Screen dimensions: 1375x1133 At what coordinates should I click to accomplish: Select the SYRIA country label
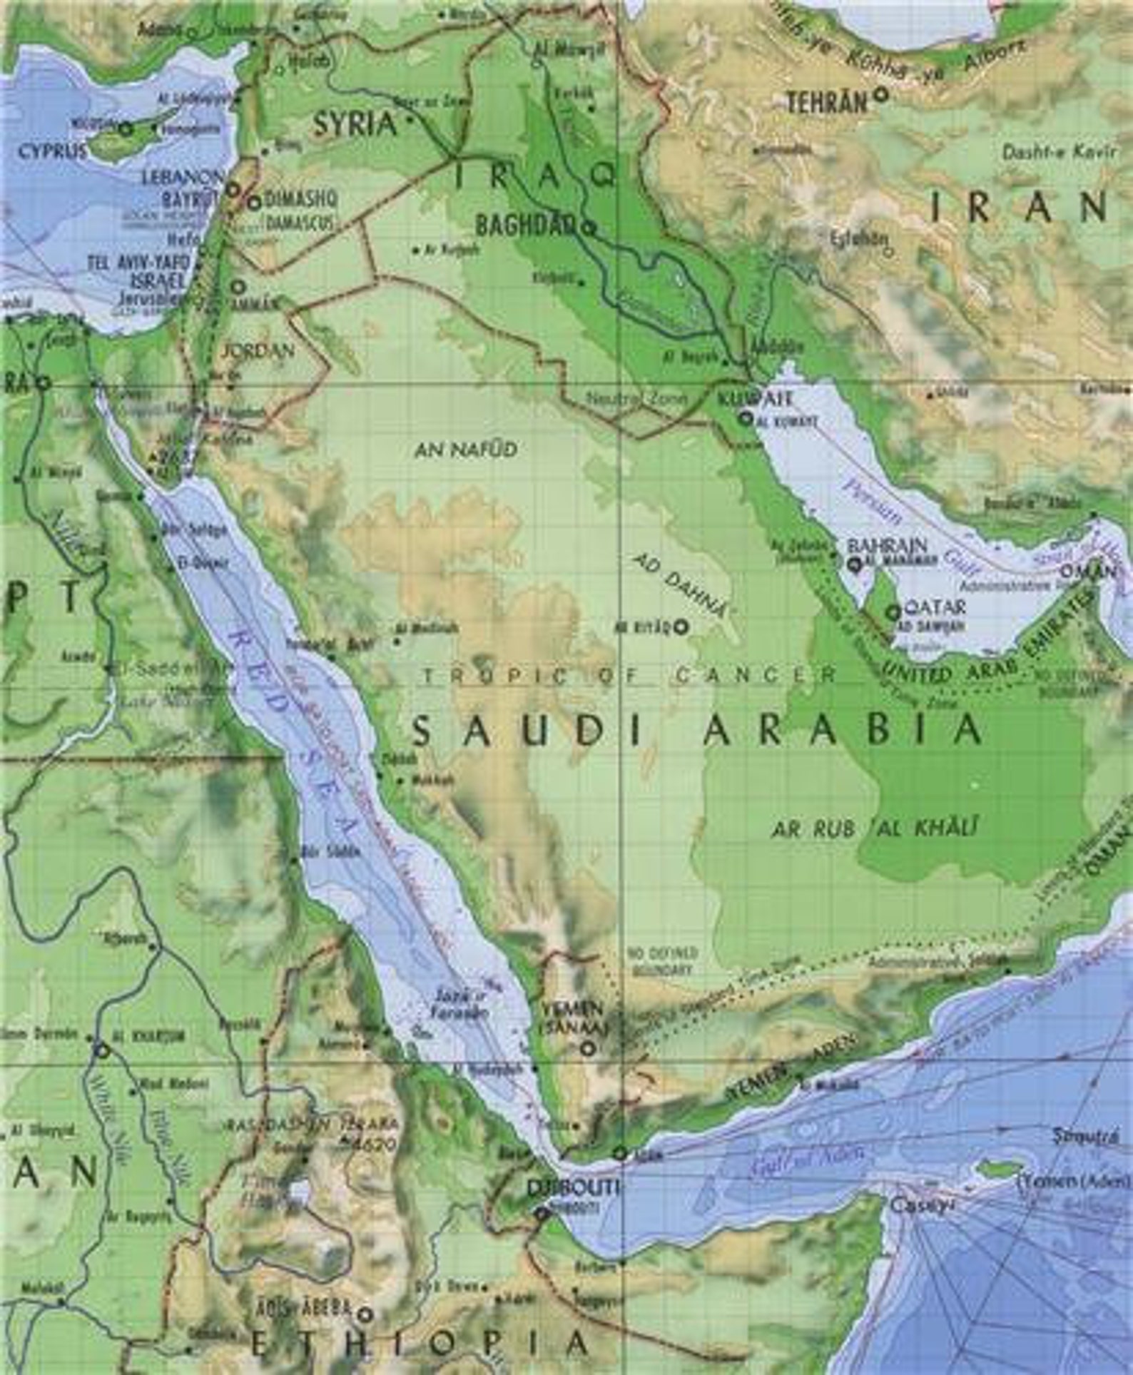[x=355, y=126]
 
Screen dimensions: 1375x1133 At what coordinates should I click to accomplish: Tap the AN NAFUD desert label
[x=465, y=450]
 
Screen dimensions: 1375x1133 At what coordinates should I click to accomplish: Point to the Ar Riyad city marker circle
[x=681, y=627]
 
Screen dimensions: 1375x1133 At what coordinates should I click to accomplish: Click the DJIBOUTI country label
[x=572, y=1187]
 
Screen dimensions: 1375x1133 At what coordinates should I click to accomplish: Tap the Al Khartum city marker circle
[x=102, y=1050]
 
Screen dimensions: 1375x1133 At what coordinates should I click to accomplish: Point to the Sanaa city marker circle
[x=587, y=1048]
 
